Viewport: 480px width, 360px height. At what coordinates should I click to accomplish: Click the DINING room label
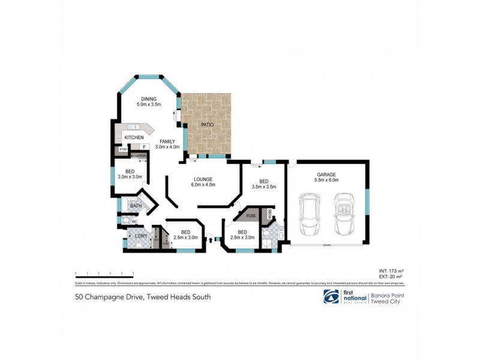[x=148, y=98]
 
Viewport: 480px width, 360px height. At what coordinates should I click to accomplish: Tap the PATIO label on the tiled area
[x=208, y=124]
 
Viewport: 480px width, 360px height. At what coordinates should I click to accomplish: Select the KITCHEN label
[x=133, y=138]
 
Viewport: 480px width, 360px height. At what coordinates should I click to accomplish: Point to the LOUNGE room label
[x=203, y=179]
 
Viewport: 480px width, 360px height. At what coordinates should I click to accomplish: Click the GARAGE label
[x=326, y=174]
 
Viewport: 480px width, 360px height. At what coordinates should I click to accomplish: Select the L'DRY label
[x=140, y=236]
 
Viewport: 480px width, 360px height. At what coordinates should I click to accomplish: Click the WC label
[x=134, y=221]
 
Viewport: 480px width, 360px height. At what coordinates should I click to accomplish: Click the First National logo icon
[x=331, y=296]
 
